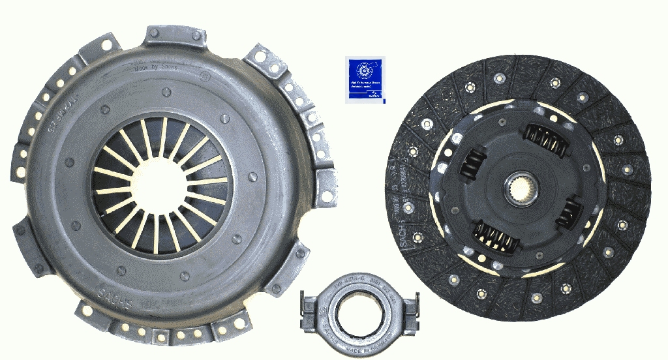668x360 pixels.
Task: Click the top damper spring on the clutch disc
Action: coord(543,138)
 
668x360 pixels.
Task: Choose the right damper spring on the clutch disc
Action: coord(573,212)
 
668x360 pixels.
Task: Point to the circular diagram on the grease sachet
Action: coord(364,70)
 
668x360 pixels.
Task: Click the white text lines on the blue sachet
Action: coord(365,86)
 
